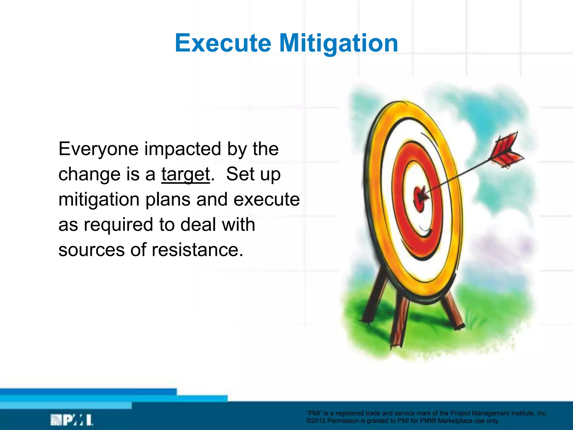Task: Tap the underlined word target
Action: (185, 174)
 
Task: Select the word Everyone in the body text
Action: (98, 149)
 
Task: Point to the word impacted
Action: (183, 149)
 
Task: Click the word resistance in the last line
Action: (197, 250)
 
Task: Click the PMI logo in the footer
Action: (72, 420)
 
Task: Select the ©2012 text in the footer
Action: (316, 421)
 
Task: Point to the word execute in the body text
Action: (266, 200)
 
